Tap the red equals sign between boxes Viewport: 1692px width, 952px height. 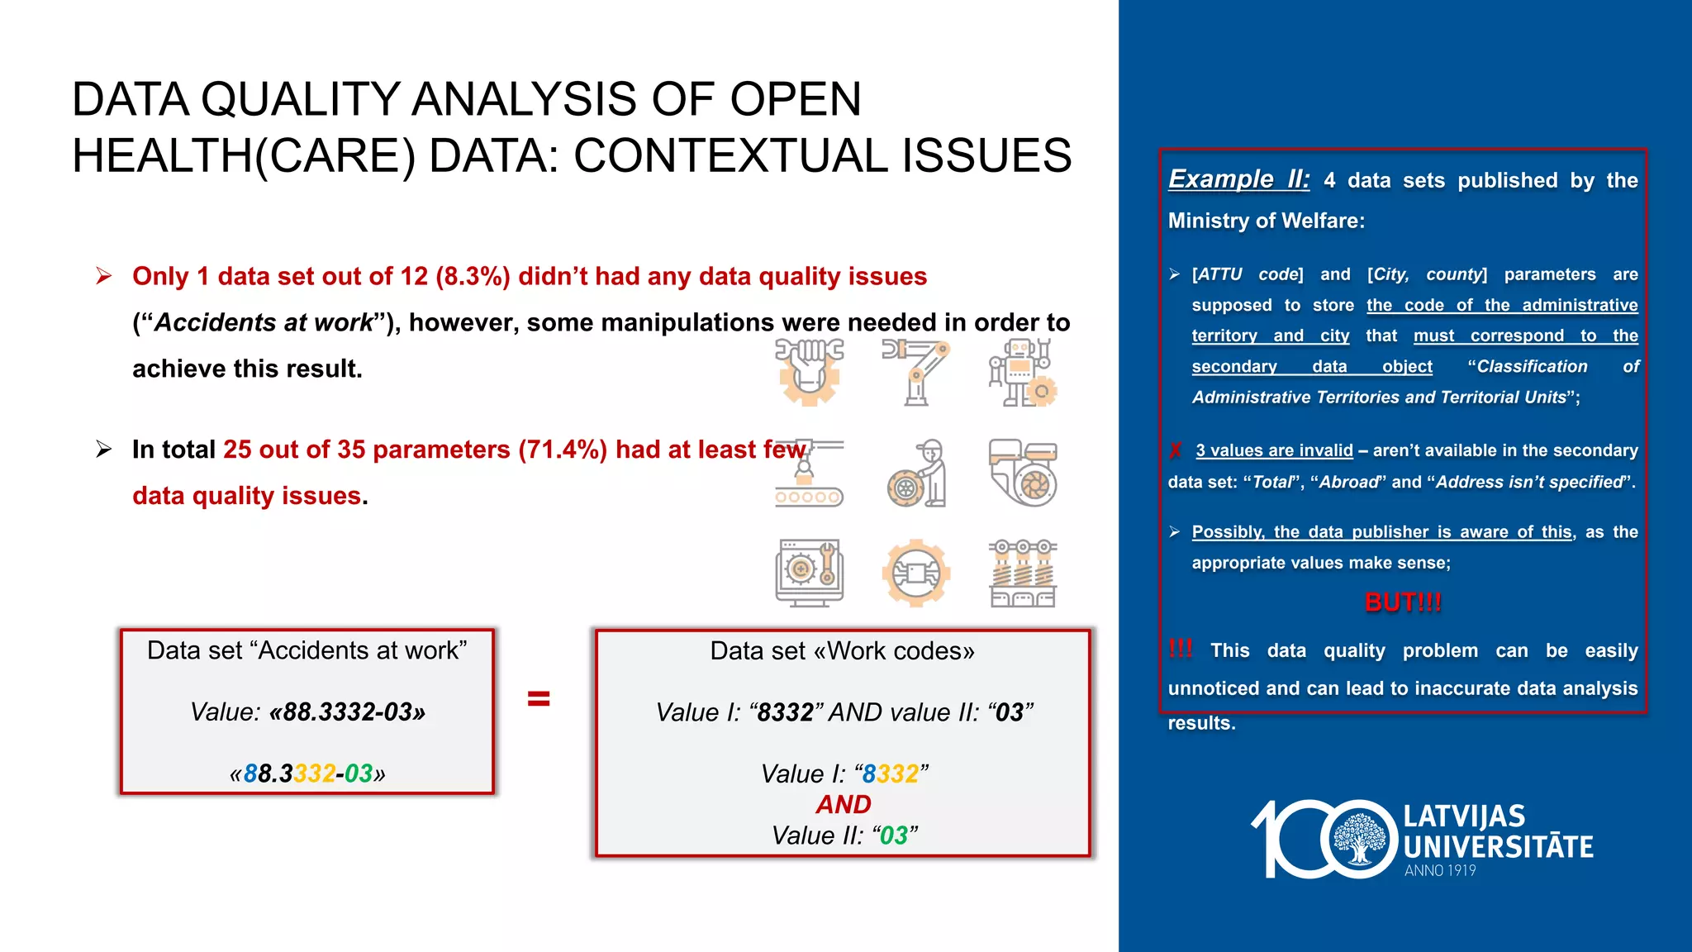tap(539, 699)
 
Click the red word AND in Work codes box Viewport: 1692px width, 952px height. tap(844, 804)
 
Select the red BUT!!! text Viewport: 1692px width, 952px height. tap(1403, 602)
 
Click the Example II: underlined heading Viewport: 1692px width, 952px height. tap(1238, 179)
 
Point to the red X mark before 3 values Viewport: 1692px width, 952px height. tap(1176, 450)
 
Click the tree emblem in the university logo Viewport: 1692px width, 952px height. tap(1359, 839)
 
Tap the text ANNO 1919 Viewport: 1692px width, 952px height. tap(1440, 870)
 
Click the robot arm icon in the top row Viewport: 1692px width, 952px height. tap(915, 372)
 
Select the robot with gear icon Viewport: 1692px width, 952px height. tap(1023, 372)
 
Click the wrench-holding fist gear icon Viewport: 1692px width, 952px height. tap(809, 372)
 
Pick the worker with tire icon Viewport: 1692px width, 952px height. tap(916, 474)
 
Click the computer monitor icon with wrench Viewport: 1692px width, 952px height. tap(809, 573)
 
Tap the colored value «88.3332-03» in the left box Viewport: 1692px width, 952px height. tap(307, 773)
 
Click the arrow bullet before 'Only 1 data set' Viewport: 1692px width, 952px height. tap(103, 275)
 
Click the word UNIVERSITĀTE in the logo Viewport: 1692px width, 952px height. tap(1498, 846)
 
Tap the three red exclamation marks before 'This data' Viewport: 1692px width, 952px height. tap(1181, 649)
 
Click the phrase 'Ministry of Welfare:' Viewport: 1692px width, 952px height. tap(1266, 221)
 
